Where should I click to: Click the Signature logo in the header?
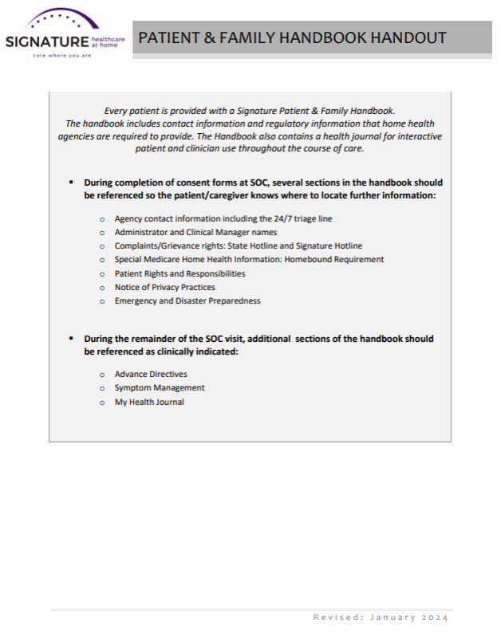click(x=64, y=35)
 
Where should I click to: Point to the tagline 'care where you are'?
click(x=57, y=57)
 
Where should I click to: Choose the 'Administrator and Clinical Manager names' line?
click(x=195, y=232)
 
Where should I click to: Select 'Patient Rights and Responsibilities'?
click(x=179, y=273)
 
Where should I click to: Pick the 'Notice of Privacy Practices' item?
click(x=164, y=287)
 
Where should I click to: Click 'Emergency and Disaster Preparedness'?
click(x=187, y=300)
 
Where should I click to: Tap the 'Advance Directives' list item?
click(x=151, y=374)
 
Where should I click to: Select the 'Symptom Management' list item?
click(x=160, y=387)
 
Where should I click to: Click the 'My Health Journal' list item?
click(x=149, y=402)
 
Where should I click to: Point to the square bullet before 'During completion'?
click(x=71, y=183)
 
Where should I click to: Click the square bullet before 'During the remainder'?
click(x=71, y=339)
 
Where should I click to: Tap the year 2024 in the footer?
click(x=435, y=618)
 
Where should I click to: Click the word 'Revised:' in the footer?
click(x=337, y=618)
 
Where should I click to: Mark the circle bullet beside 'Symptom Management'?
click(x=102, y=388)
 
